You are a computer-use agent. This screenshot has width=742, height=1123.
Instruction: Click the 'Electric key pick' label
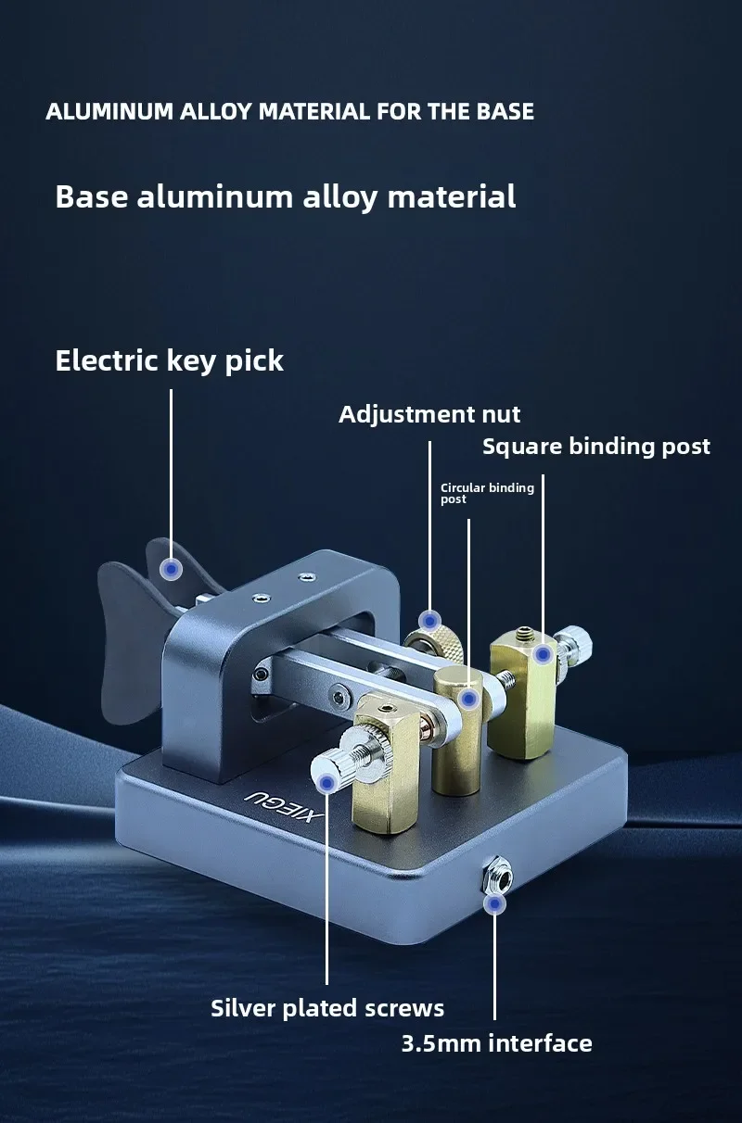tap(169, 360)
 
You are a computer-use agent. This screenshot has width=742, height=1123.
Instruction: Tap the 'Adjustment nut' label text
tap(429, 414)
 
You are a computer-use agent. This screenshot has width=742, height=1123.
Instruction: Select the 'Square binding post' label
tap(595, 447)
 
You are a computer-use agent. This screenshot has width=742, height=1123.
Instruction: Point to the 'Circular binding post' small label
tap(486, 493)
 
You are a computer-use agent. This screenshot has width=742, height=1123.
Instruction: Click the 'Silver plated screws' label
tap(327, 1008)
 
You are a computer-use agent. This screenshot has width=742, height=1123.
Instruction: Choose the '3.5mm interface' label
tap(496, 1043)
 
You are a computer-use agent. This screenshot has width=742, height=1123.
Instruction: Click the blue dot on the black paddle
tap(171, 569)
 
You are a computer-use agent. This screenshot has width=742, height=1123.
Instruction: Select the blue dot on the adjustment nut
tap(429, 620)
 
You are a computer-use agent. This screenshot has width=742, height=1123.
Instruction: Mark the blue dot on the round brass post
tap(469, 698)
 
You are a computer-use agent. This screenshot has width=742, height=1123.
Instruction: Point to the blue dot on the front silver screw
tap(326, 784)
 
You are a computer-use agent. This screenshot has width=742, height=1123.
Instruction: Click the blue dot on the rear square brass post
tap(543, 655)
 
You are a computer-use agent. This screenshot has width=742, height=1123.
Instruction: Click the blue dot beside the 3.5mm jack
tap(495, 903)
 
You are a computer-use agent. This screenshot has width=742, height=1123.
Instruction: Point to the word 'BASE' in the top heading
tap(505, 112)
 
